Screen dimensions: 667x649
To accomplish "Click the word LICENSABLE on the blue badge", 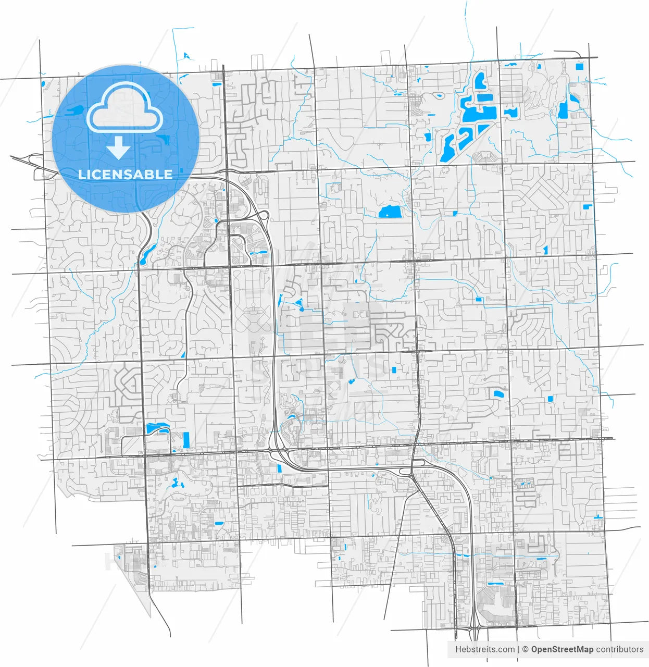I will coord(125,174).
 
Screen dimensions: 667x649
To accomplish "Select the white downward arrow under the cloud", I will coord(119,149).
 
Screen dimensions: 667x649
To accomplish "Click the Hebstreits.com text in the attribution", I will coord(484,649).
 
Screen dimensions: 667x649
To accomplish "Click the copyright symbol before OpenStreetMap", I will coord(526,649).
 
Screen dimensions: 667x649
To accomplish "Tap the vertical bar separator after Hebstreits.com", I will coord(519,649).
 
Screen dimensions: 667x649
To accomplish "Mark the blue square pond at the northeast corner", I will coord(580,66).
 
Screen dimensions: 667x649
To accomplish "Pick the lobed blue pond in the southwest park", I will coord(177,484).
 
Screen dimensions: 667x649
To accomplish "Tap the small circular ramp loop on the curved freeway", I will coord(264,215).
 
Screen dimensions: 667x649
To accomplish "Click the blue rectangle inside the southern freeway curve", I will coord(279,467).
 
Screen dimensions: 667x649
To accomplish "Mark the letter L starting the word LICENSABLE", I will coord(82,174).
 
